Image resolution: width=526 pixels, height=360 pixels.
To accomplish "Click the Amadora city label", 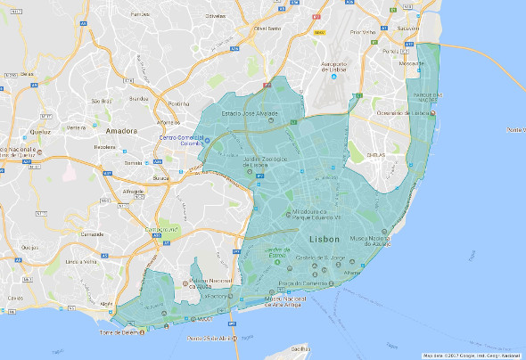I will [x=121, y=130].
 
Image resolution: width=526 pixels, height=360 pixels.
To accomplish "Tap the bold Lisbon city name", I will [x=325, y=241].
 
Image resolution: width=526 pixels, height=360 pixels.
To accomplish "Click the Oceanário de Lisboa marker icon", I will [x=435, y=113].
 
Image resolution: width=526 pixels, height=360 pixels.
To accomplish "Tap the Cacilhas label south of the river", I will [x=300, y=348].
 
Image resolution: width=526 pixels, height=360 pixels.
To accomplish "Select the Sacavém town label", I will [x=407, y=29].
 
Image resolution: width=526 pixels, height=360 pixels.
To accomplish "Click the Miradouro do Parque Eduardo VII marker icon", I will [x=288, y=213].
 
